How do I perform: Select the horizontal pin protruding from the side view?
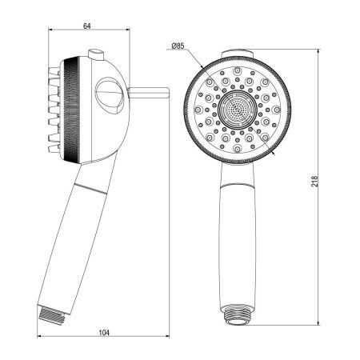(x=149, y=94)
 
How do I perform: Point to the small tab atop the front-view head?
(x=234, y=54)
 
